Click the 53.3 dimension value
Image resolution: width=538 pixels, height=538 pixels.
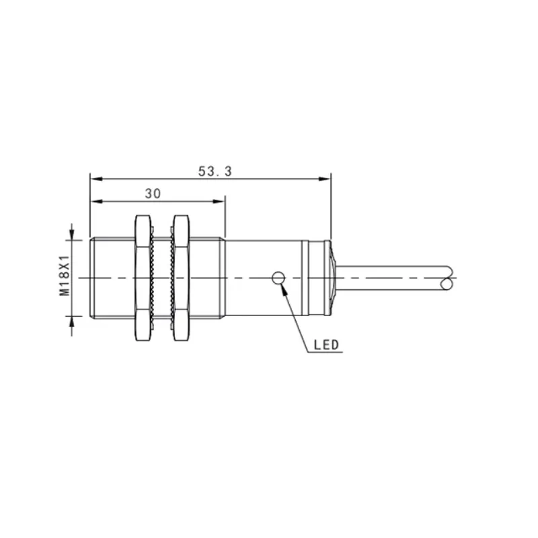click(x=215, y=171)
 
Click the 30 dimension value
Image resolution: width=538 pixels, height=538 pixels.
click(x=153, y=194)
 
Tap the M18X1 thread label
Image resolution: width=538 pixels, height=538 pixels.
click(x=65, y=276)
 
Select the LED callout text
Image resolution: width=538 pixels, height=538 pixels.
click(x=326, y=345)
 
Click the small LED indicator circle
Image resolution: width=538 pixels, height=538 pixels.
click(x=278, y=278)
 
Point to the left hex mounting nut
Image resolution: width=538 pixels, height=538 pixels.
click(x=143, y=278)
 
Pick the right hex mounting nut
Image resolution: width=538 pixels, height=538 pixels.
click(x=181, y=278)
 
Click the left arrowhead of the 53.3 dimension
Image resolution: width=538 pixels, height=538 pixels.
click(x=96, y=179)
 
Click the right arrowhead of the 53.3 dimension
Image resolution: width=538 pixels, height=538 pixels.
click(x=324, y=179)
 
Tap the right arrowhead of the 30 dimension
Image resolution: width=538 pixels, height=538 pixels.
click(x=219, y=201)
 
